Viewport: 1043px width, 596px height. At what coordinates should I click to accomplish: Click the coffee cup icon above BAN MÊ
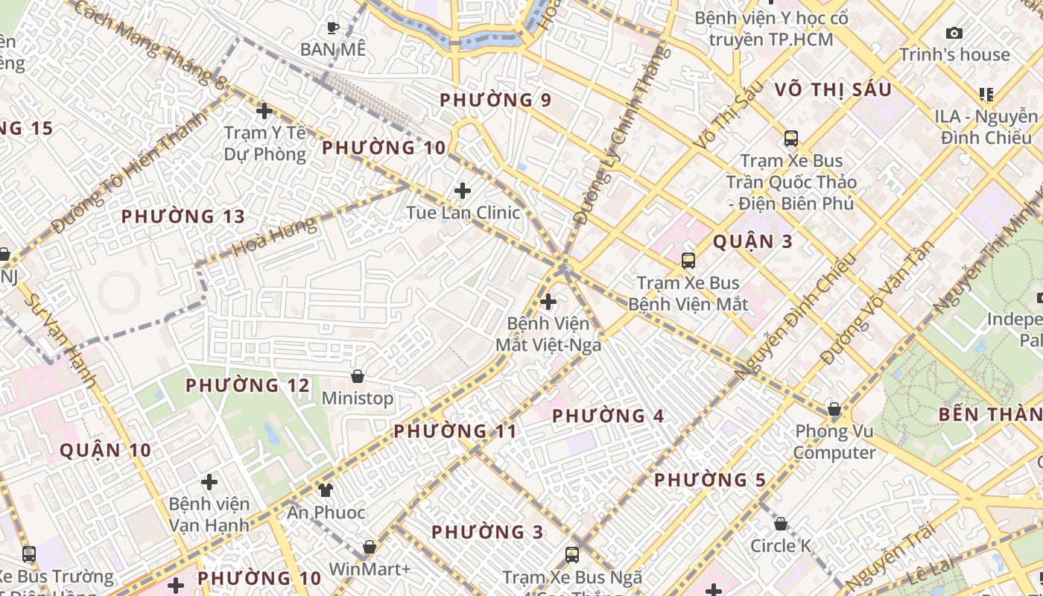pyautogui.click(x=333, y=28)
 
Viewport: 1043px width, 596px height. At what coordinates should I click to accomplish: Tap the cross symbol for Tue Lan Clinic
pyautogui.click(x=463, y=191)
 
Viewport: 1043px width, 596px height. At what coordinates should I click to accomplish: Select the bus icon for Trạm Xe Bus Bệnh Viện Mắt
pyautogui.click(x=688, y=261)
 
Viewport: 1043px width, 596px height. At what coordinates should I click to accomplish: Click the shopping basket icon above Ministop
pyautogui.click(x=358, y=376)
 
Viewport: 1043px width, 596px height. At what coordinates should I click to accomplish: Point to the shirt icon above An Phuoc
pyautogui.click(x=326, y=489)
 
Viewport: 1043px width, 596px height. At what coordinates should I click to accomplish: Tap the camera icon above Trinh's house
pyautogui.click(x=954, y=33)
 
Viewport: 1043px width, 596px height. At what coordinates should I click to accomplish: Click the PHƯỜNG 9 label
pyautogui.click(x=495, y=100)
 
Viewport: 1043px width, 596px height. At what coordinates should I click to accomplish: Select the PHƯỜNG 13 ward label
pyautogui.click(x=183, y=217)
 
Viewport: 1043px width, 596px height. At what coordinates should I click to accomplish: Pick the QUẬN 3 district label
pyautogui.click(x=752, y=241)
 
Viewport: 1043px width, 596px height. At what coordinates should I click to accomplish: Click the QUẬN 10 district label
pyautogui.click(x=105, y=450)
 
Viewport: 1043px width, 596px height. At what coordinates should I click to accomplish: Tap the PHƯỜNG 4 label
pyautogui.click(x=608, y=416)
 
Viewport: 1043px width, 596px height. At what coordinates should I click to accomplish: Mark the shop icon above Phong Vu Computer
pyautogui.click(x=834, y=410)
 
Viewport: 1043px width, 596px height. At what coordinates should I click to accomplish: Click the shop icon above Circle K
pyautogui.click(x=781, y=524)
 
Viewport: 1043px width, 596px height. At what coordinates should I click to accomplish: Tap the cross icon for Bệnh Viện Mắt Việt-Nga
pyautogui.click(x=548, y=302)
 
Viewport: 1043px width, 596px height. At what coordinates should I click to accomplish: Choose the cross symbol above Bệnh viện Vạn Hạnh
pyautogui.click(x=209, y=482)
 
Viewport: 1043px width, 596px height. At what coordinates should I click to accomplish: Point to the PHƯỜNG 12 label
pyautogui.click(x=247, y=386)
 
